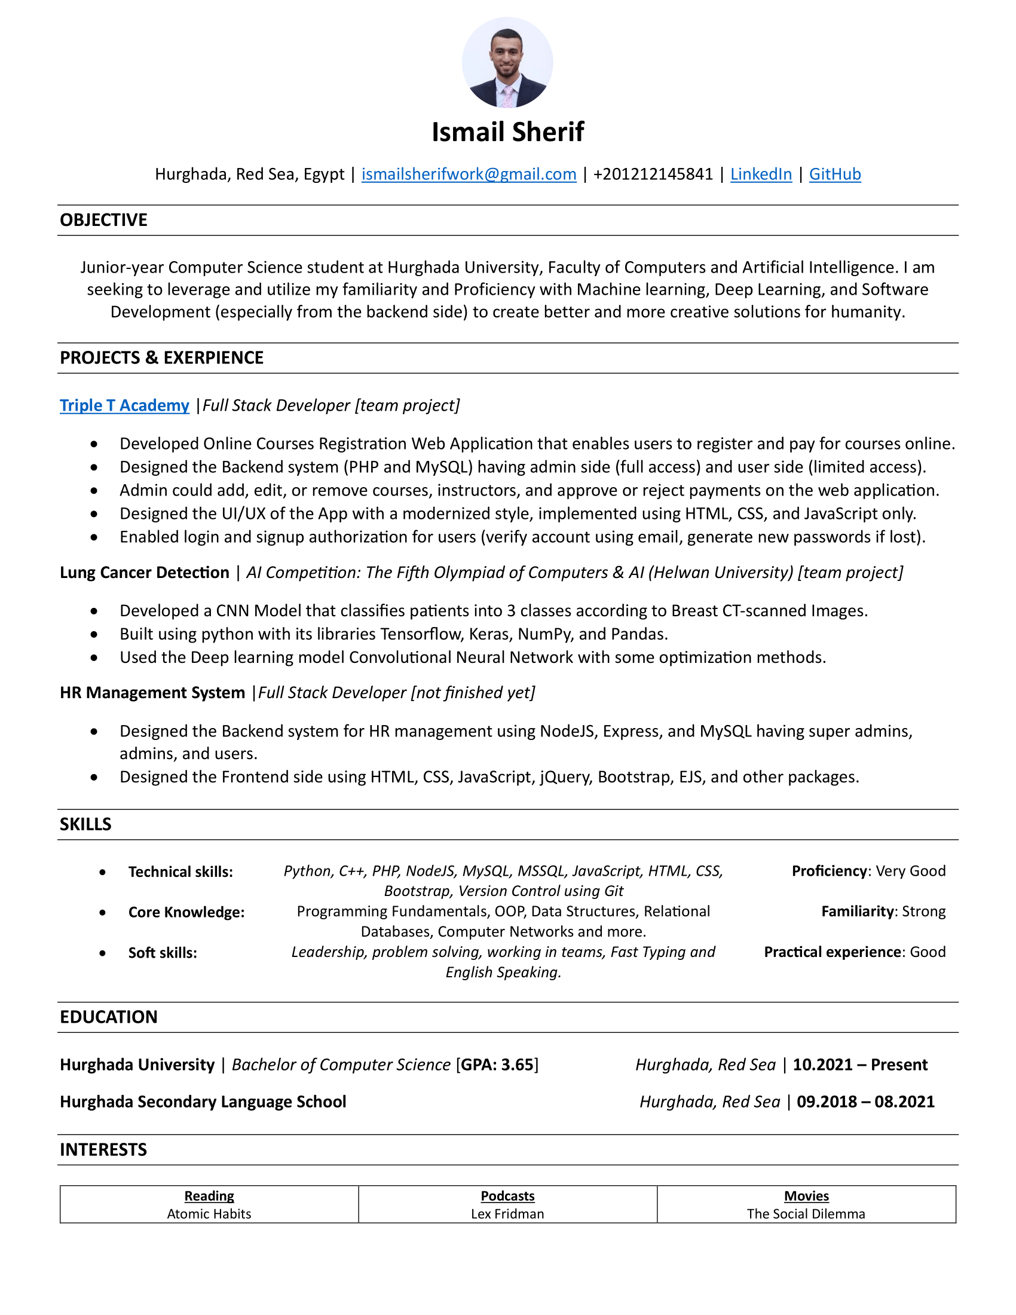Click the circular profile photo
tap(507, 63)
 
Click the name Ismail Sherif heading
tap(507, 132)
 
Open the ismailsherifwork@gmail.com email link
tap(469, 174)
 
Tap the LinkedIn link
tap(761, 174)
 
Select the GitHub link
tap(834, 174)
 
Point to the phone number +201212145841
tap(653, 174)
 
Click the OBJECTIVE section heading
tap(103, 220)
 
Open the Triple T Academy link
tap(124, 405)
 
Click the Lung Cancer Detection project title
tap(145, 572)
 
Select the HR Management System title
tap(152, 692)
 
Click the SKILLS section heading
tap(85, 824)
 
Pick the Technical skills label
tap(180, 872)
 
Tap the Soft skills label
tap(163, 953)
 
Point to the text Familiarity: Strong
tap(883, 911)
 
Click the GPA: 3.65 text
tap(497, 1065)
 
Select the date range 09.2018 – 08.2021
tap(865, 1101)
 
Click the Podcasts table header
tap(507, 1196)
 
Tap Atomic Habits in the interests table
tap(209, 1214)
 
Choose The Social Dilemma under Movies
tap(806, 1214)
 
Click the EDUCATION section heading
tap(108, 1017)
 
